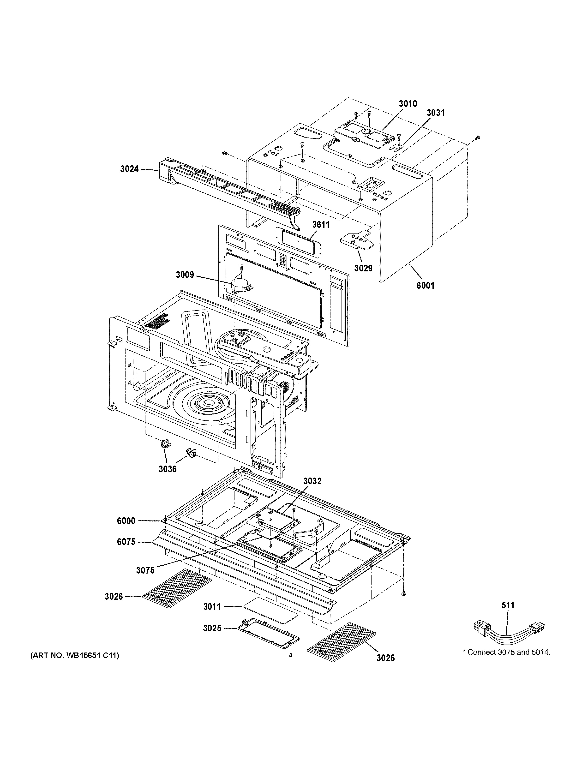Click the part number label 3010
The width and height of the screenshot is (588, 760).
(x=408, y=103)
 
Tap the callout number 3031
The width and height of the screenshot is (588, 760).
(x=436, y=113)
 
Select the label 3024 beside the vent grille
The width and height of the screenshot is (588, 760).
(x=129, y=169)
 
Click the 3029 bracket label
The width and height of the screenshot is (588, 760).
(x=363, y=268)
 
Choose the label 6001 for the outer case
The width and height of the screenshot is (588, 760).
(x=426, y=286)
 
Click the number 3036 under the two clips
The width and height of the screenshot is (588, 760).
(x=167, y=469)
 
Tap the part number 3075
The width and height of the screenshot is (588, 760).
(x=145, y=570)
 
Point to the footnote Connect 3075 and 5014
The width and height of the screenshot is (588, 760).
(x=506, y=652)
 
